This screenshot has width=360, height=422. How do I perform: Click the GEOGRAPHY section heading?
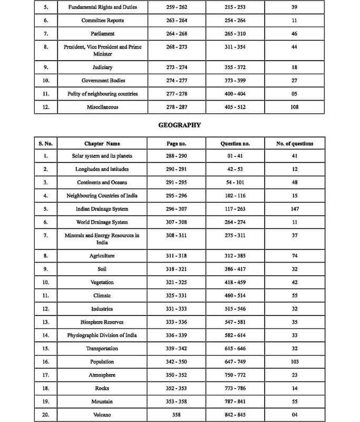pos(180,126)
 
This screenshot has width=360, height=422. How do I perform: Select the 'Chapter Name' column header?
pos(102,143)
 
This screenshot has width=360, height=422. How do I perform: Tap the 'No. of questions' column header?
pos(295,143)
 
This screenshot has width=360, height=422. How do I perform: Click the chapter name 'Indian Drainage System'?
pos(102,209)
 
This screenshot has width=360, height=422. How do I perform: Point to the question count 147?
pos(295,209)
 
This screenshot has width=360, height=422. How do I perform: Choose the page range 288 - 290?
pos(176,156)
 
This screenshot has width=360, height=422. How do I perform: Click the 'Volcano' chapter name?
pos(102,415)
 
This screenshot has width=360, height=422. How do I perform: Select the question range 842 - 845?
pos(235,415)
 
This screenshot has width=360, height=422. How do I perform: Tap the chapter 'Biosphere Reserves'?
pos(102,322)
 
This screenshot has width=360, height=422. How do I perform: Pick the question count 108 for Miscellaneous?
pos(294,107)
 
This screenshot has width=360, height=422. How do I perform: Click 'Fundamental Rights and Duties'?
pos(103,7)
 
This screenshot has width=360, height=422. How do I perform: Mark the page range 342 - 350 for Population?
pos(176,362)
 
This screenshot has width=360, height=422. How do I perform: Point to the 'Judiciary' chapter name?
pos(103,68)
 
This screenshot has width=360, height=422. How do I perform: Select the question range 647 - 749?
pos(235,362)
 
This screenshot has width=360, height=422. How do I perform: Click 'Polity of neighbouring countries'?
pos(103,94)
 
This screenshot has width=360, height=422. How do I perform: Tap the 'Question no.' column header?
pos(235,143)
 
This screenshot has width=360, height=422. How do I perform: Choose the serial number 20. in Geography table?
pos(46,415)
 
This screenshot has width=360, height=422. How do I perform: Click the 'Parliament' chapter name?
pos(103,34)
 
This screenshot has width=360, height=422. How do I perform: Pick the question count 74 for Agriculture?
pos(295,256)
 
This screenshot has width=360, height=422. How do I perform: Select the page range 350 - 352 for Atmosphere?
pos(176,375)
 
